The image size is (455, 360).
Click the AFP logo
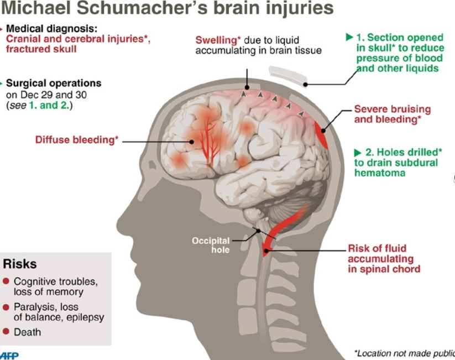click(x=9, y=356)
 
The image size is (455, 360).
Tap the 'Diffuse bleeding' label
click(x=77, y=140)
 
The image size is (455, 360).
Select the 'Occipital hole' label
click(x=211, y=245)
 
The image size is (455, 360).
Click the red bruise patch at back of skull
click(x=322, y=135)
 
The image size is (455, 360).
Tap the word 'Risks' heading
click(x=20, y=264)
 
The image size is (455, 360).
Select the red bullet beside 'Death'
click(x=6, y=331)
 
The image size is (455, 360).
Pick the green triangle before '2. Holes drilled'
click(x=358, y=153)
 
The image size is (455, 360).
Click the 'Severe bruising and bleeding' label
click(x=393, y=114)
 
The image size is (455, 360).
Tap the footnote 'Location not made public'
click(x=405, y=353)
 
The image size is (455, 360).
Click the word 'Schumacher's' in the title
click(x=142, y=8)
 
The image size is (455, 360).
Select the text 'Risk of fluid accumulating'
click(x=380, y=253)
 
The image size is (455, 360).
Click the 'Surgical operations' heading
click(x=54, y=83)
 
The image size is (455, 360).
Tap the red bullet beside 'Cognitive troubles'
click(x=6, y=281)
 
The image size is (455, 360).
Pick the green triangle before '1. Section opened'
click(x=349, y=37)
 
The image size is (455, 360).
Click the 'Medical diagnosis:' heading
click(x=51, y=28)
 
